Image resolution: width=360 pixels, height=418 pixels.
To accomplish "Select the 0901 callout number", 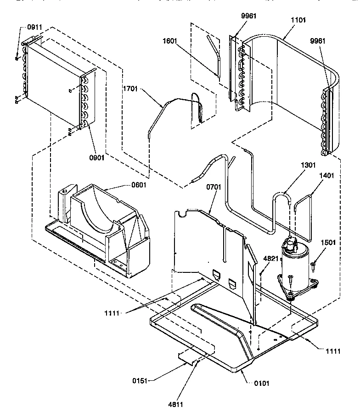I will pyautogui.click(x=97, y=158).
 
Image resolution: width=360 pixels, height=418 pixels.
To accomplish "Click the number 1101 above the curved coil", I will pyautogui.click(x=298, y=20).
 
